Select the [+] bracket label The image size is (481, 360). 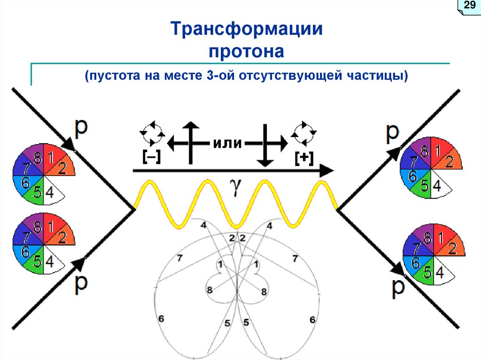tap(304, 158)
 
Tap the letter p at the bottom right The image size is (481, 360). tap(398, 287)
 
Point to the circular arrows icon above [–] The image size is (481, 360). tap(153, 134)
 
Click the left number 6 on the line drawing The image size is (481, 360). tap(161, 319)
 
